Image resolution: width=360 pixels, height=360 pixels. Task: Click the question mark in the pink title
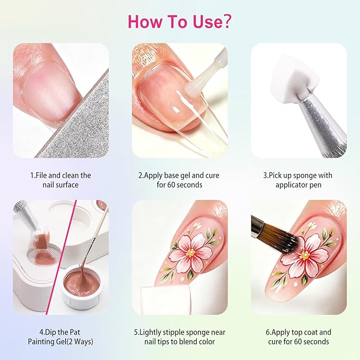(x=225, y=22)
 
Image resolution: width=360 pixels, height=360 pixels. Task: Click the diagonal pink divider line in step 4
(x=62, y=257)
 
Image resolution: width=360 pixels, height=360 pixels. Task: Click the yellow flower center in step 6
(x=305, y=255)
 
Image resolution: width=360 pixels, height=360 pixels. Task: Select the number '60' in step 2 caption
(x=171, y=185)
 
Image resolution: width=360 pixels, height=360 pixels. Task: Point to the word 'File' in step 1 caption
(x=42, y=175)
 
